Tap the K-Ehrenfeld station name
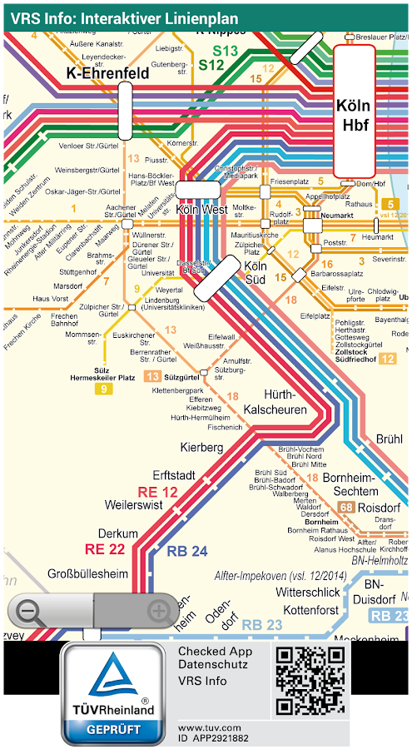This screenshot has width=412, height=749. click(x=107, y=73)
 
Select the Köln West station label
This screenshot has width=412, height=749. click(x=201, y=211)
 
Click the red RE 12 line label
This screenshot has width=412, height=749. click(x=158, y=491)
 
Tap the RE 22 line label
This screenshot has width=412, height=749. click(x=105, y=548)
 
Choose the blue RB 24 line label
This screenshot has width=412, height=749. click(x=187, y=551)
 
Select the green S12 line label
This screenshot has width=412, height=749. click(x=211, y=64)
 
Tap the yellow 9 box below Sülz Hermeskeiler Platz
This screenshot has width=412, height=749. click(x=104, y=389)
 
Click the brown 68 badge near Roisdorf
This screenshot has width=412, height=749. click(x=347, y=507)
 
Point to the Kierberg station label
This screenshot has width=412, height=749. click(x=201, y=448)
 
